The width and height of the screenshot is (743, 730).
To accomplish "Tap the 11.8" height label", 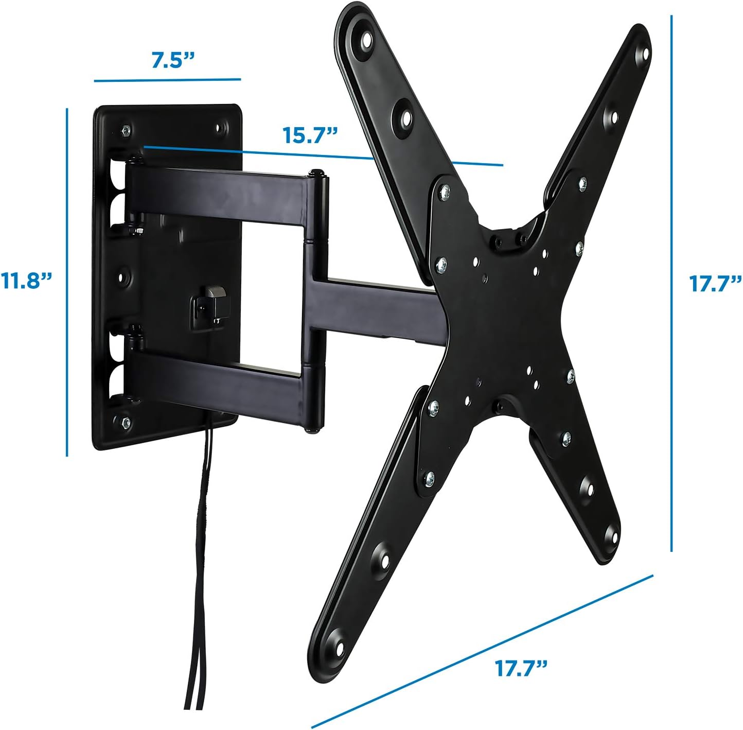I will click(x=27, y=281).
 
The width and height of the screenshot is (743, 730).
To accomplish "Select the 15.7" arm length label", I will click(x=310, y=135).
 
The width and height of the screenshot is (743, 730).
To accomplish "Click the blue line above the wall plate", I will click(x=167, y=80).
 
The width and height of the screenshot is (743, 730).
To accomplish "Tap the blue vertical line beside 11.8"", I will click(x=67, y=282).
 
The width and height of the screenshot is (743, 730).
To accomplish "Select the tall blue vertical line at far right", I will click(x=671, y=283).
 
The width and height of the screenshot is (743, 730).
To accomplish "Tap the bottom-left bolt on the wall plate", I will click(x=125, y=422).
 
